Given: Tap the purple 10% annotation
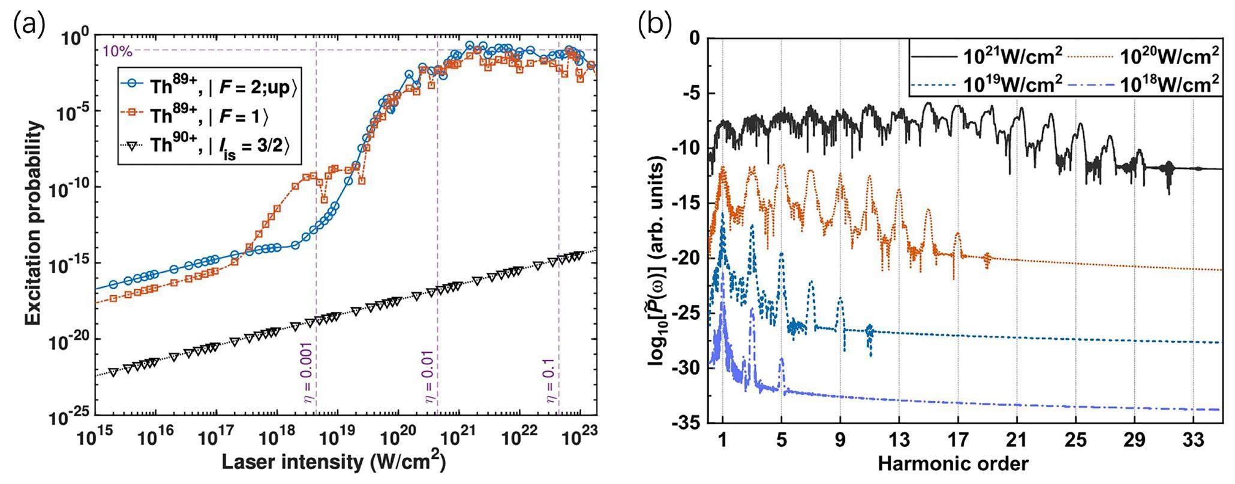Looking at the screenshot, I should pos(118,50).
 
